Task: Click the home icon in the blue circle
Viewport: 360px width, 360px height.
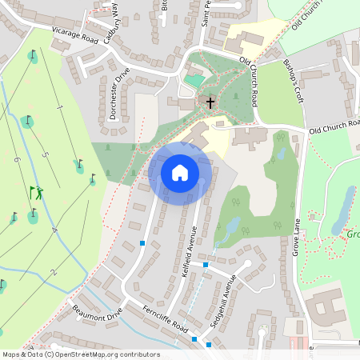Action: pos(180,172)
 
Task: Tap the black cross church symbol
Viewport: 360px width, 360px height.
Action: pos(210,102)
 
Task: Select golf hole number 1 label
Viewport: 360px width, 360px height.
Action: pos(59,106)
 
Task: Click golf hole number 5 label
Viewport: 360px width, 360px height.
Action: pos(45,154)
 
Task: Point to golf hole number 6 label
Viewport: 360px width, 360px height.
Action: pos(16,159)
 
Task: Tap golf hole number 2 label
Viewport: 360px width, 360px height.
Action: pos(53,273)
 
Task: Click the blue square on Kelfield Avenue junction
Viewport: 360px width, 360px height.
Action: pos(206,264)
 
